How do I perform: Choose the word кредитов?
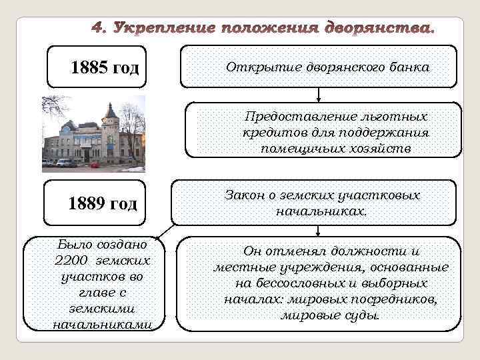(x=268, y=133)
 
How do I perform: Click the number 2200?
(x=73, y=260)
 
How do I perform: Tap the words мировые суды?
(x=330, y=315)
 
